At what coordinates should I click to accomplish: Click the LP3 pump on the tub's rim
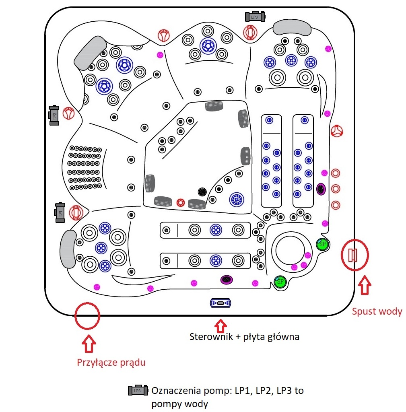(x=255, y=16)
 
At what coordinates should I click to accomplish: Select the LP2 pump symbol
(x=54, y=115)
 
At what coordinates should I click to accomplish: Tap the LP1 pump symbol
(x=60, y=212)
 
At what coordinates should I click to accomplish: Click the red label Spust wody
(x=377, y=311)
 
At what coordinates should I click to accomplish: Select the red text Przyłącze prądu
(x=111, y=362)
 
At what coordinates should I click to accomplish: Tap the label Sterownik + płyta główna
(x=244, y=336)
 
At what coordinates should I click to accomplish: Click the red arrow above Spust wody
(x=365, y=285)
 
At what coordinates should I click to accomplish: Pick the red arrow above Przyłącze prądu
(x=89, y=344)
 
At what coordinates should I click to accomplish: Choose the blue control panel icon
(x=220, y=303)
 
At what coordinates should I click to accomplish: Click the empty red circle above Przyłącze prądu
(x=87, y=315)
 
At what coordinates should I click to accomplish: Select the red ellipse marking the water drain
(x=354, y=255)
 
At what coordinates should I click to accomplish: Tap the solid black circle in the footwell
(x=202, y=192)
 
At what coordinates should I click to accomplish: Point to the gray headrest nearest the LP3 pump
(x=292, y=28)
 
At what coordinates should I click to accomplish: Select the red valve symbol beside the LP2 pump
(x=69, y=113)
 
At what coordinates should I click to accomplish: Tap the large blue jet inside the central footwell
(x=237, y=198)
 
